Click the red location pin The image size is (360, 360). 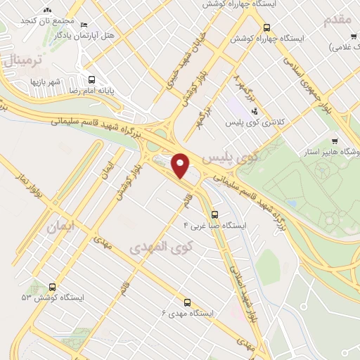[181, 165]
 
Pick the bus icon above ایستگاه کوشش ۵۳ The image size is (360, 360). [53, 286]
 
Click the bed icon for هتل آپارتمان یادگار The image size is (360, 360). [85, 24]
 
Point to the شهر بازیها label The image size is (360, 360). [44, 82]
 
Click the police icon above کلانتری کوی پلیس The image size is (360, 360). [254, 110]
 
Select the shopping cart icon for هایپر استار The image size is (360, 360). [334, 140]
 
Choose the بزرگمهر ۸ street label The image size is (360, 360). [238, 89]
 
